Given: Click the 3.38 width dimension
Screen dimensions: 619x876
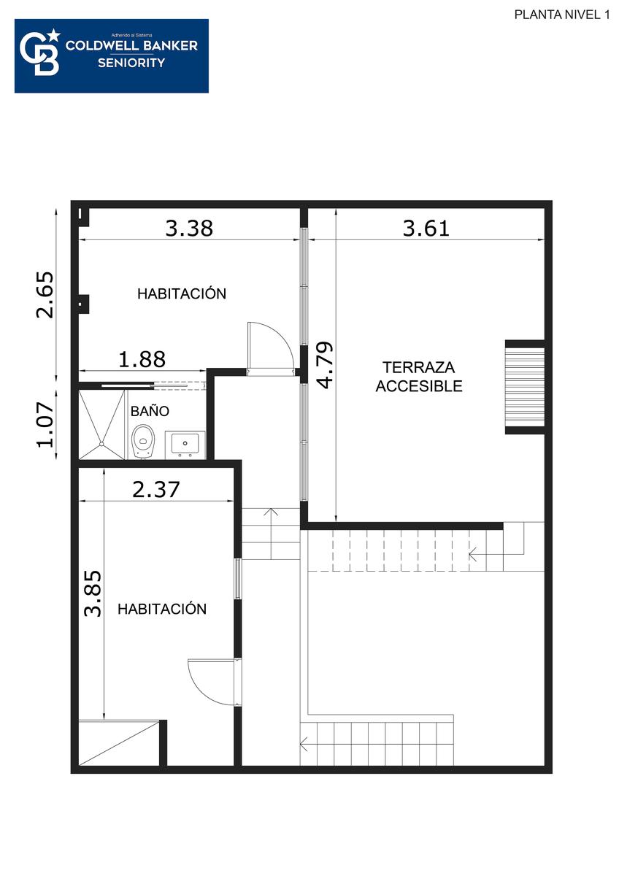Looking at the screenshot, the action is point(189,228).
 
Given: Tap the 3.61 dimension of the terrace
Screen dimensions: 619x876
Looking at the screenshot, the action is point(426,228).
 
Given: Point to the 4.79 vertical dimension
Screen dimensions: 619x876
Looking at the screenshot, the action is point(325,365).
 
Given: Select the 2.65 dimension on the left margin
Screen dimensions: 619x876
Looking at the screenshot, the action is point(45,295).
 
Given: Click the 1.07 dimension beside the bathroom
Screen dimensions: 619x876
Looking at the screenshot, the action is point(45,425).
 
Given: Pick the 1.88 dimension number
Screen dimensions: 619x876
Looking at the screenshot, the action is point(142,359).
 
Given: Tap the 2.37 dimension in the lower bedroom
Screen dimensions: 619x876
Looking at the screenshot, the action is point(156,489).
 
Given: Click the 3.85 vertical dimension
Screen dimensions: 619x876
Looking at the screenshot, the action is point(93,594).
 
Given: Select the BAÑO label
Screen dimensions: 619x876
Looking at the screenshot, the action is point(150,411).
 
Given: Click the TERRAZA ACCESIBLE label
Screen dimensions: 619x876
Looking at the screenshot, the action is point(419,377).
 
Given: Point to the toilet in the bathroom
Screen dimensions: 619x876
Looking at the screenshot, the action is point(143,442).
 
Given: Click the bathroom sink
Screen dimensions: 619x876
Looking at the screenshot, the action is point(185,445).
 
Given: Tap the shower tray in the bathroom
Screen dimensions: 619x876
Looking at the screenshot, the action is point(101,424).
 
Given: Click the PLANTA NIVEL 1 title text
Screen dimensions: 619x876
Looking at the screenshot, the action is point(562,15).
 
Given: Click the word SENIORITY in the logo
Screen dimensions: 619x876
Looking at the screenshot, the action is point(131,63).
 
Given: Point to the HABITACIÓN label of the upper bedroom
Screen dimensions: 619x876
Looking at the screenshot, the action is point(182,293).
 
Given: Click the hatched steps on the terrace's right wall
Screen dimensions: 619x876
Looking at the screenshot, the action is point(525,387).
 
